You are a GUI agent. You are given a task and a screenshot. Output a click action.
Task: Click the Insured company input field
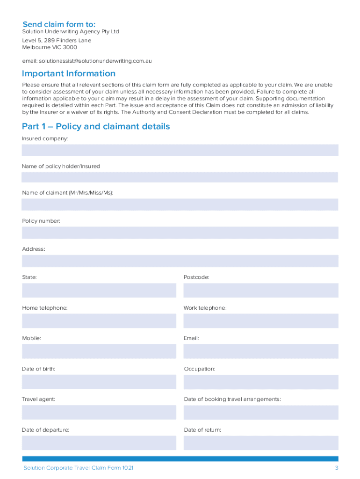point(180,150)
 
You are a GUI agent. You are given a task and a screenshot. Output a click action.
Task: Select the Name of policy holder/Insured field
point(180,177)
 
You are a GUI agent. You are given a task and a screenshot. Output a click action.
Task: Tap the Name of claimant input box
point(180,204)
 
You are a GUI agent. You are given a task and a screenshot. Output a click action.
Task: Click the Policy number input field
point(180,232)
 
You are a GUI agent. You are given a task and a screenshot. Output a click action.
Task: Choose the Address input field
point(180,261)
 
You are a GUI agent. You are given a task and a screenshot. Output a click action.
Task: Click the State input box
point(99,290)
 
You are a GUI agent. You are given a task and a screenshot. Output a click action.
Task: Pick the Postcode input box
point(260,290)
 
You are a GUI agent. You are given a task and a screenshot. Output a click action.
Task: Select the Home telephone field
point(99,321)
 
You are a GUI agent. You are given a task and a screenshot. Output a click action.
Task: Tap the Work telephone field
point(260,321)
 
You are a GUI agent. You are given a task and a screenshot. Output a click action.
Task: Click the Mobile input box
point(99,351)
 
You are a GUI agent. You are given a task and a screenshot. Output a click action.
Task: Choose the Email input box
point(260,351)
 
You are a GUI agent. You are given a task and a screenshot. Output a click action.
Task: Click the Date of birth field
point(99,382)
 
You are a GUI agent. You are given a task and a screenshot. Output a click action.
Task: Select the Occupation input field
point(260,382)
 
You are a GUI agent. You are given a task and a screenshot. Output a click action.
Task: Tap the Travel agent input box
point(99,412)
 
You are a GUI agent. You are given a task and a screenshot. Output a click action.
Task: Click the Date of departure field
point(99,443)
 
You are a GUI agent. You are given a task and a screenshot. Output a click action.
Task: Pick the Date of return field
point(260,443)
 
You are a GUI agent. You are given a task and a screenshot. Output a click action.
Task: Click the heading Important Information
point(69,73)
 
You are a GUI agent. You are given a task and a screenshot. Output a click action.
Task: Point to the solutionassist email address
point(95,61)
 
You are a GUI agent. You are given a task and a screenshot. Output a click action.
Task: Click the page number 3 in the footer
point(336,468)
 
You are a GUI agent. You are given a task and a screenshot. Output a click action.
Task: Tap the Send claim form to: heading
point(59,24)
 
